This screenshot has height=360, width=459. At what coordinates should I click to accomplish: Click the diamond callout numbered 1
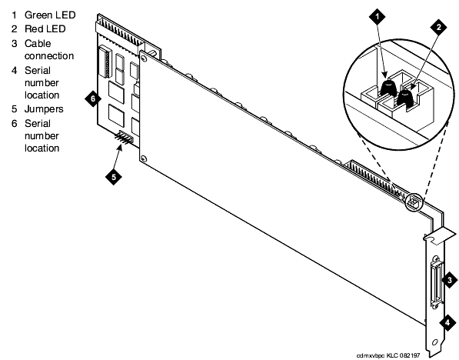(x=377, y=16)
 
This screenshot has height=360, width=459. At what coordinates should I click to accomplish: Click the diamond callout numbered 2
(x=438, y=27)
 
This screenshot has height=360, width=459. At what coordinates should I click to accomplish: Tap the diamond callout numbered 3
(x=449, y=280)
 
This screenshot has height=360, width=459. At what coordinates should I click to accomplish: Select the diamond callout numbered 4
(x=447, y=323)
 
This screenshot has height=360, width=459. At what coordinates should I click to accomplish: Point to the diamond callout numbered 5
(x=114, y=177)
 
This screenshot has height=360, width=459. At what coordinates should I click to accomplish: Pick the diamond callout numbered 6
(x=93, y=98)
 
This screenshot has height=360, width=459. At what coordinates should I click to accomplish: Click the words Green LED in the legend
(x=50, y=15)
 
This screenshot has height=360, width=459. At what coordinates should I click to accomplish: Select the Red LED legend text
(x=45, y=29)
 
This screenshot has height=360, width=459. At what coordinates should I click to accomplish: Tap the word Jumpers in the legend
(x=44, y=109)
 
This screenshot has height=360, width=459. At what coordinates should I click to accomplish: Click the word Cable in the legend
(x=38, y=44)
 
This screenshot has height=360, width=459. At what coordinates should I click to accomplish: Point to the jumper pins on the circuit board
(x=124, y=138)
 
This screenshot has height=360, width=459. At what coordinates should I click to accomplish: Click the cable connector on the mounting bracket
(x=437, y=283)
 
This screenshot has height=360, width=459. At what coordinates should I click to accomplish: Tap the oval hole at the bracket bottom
(x=435, y=342)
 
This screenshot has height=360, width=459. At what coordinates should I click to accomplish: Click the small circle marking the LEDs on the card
(x=414, y=202)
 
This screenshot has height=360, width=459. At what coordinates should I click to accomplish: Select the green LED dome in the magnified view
(x=388, y=87)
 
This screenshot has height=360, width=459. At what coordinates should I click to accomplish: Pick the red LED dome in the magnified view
(x=405, y=98)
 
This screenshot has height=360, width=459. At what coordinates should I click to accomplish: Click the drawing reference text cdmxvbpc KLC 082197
(x=388, y=356)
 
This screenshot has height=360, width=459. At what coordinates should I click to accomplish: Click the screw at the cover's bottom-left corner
(x=144, y=159)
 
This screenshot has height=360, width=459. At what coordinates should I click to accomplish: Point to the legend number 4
(x=15, y=71)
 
